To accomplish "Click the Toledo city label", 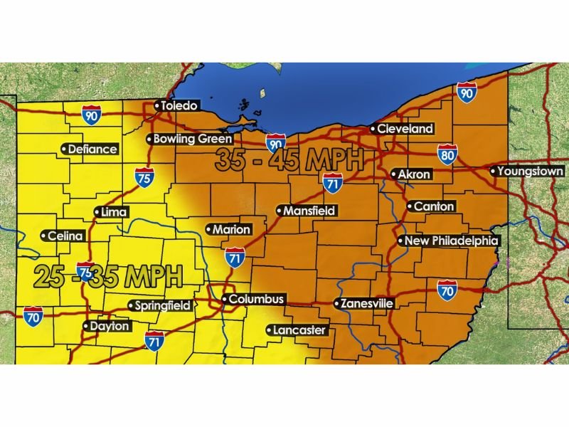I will tap(176, 106).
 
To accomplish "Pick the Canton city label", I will tap(430, 206).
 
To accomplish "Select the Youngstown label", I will tap(527, 172).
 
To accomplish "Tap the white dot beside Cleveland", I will tap(373, 130).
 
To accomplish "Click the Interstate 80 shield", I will tap(447, 153).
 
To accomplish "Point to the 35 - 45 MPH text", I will tap(289, 160).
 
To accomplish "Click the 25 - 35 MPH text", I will tap(107, 275).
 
